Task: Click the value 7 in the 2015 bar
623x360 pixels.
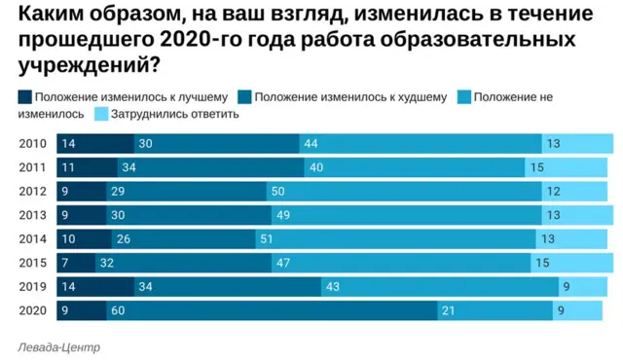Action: (66, 263)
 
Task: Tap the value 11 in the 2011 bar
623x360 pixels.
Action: (68, 168)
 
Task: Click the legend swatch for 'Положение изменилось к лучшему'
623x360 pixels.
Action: (24, 97)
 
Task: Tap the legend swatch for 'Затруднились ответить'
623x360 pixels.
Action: (102, 114)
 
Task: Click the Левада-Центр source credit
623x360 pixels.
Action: (58, 346)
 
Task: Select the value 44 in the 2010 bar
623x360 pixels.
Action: (311, 144)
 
